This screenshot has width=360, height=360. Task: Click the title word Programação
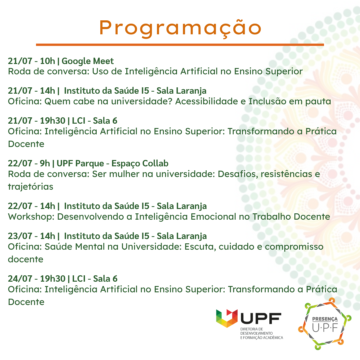[180, 28]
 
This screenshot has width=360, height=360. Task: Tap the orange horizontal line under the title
[180, 45]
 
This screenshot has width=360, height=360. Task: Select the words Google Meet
[88, 61]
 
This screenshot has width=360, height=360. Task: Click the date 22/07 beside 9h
[20, 163]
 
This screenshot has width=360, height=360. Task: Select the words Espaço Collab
[140, 164]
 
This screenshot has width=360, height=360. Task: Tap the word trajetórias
[31, 187]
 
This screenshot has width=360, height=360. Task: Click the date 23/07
[20, 236]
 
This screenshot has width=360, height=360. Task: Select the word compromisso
[294, 247]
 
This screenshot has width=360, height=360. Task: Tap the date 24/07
[20, 279]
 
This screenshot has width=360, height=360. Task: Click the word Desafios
[237, 174]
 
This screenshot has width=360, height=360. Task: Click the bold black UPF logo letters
[261, 318]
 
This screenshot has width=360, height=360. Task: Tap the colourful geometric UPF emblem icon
[227, 318]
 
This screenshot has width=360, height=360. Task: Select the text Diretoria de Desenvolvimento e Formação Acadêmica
[262, 333]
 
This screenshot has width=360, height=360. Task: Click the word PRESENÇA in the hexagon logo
[325, 319]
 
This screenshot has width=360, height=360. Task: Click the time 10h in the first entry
[48, 61]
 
